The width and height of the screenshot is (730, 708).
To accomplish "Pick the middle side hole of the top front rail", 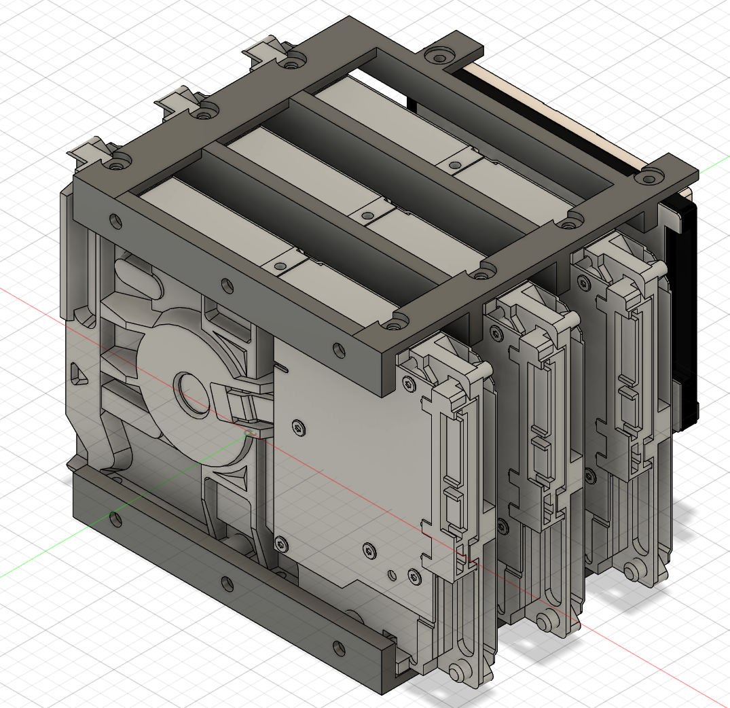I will coord(227,285).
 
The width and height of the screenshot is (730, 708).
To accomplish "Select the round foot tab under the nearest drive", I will coord(457,673).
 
